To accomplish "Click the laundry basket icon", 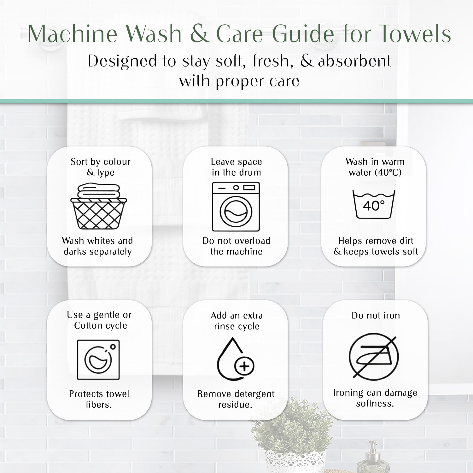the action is (x=99, y=207).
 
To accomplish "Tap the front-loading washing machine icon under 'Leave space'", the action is (x=236, y=207).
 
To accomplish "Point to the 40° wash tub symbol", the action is (x=374, y=204).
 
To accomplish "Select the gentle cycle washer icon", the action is (x=98, y=359).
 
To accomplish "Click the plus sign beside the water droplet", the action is (x=244, y=366).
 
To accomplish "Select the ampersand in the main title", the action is (x=200, y=33).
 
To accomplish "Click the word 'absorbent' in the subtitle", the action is (x=354, y=61).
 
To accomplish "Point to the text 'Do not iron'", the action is (x=376, y=315).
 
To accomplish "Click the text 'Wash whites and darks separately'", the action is (x=97, y=246).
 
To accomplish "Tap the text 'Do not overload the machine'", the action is (x=236, y=246).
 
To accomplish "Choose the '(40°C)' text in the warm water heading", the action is (x=388, y=172).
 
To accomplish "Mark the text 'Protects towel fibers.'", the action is (x=99, y=399).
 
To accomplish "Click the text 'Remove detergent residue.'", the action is (x=236, y=399).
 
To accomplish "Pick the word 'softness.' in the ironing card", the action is (x=375, y=403).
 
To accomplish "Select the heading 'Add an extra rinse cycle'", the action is (x=237, y=321).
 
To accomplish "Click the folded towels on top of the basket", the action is (x=99, y=191).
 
